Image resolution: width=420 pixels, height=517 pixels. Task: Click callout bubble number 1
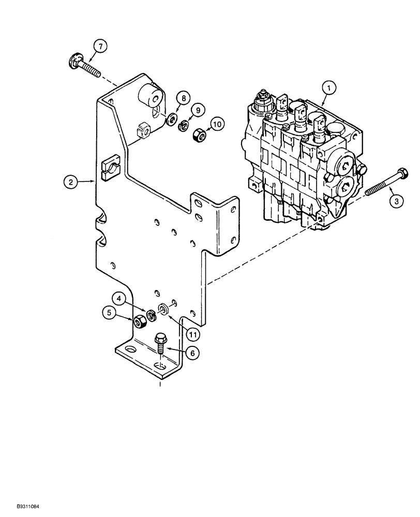(x=326, y=87)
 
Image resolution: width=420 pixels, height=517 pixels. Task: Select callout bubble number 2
(x=71, y=181)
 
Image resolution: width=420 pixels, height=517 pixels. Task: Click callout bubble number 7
(x=100, y=46)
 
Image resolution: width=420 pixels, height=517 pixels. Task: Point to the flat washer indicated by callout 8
(x=170, y=121)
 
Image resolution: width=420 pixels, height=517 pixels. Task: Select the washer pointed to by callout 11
(x=163, y=309)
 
